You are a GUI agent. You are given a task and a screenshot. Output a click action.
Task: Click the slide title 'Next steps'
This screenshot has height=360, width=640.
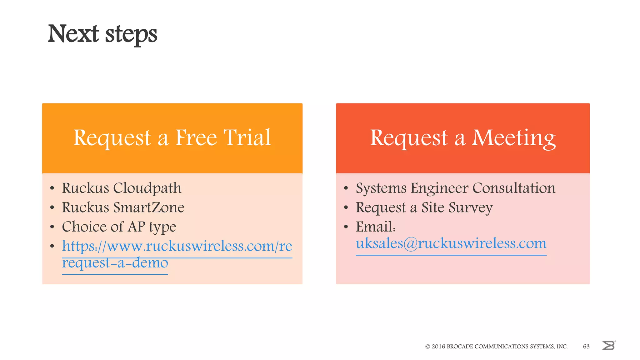102,34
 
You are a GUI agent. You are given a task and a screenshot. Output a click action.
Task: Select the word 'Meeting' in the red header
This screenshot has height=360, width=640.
514,138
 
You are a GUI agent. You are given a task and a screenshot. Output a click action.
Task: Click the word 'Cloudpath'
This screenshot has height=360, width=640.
147,188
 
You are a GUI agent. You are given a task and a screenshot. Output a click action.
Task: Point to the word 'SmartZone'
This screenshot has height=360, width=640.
149,207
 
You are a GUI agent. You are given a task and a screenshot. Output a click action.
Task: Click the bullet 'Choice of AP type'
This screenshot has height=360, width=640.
119,227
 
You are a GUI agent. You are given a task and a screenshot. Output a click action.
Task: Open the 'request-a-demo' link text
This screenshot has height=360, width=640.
115,263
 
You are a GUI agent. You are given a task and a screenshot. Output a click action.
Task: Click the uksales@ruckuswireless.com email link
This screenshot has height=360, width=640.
451,243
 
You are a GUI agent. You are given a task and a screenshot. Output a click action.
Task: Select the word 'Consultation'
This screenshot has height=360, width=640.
514,188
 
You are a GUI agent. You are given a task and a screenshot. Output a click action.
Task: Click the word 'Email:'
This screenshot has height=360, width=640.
376,227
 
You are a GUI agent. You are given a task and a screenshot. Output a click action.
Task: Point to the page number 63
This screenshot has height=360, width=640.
586,346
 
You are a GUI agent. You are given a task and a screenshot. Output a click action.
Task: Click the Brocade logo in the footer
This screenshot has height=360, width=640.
608,345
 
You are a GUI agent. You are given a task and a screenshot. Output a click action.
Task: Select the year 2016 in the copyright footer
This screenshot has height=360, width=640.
438,346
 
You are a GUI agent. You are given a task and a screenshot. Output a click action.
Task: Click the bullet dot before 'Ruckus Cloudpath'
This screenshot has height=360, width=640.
52,188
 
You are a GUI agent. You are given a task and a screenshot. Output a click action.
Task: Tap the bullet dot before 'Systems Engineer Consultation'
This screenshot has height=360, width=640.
346,188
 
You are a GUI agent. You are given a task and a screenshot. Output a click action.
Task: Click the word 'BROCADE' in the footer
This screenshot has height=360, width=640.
460,346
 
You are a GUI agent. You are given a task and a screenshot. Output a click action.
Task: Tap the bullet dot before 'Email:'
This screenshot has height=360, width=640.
346,227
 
